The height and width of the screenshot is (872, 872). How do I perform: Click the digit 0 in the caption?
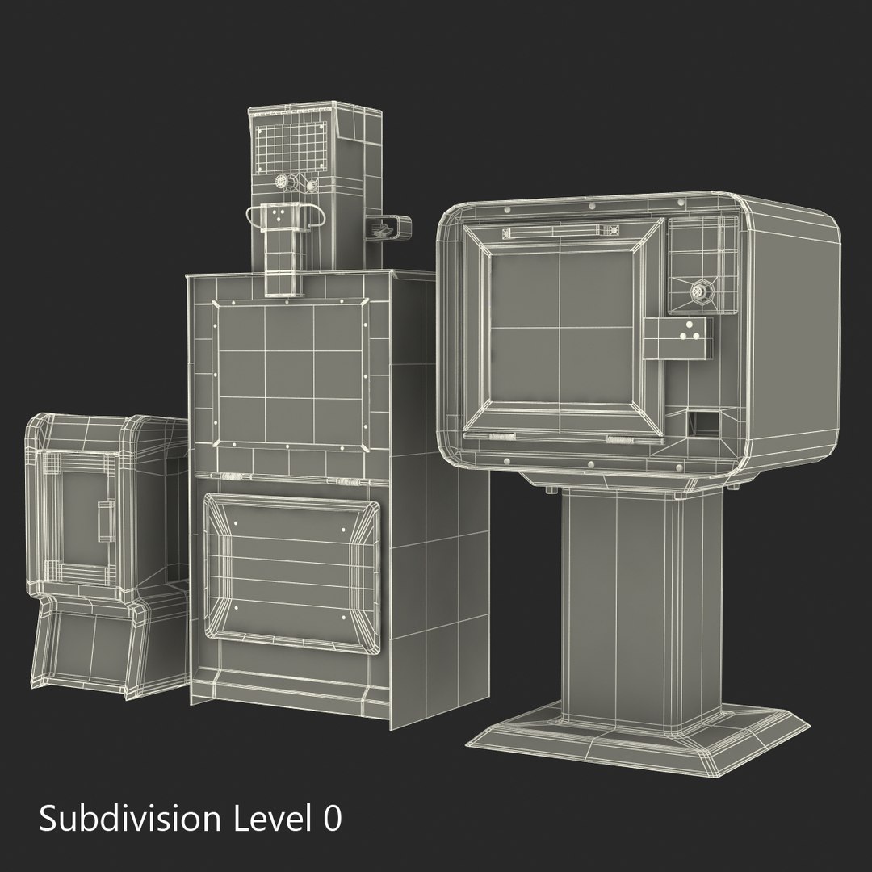pos(332,819)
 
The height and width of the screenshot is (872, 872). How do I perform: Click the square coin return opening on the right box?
pos(702,423)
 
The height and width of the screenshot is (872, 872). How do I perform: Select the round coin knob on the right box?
pos(700,291)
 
